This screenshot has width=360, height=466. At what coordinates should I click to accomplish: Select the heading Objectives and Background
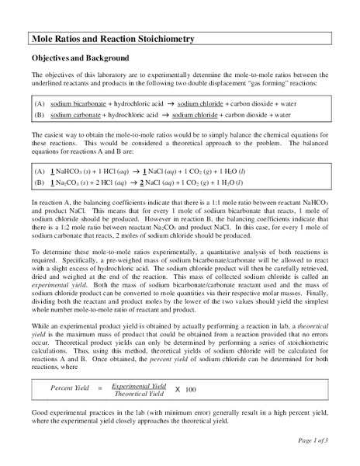point(79,59)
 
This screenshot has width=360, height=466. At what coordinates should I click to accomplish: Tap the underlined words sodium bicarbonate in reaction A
point(78,103)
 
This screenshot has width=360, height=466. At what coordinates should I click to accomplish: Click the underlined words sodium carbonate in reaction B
point(75,114)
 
